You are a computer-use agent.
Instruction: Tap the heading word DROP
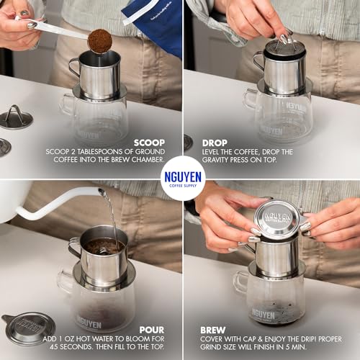click(x=215, y=143)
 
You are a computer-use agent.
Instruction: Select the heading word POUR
click(x=151, y=330)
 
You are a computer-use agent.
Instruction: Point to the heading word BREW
click(x=215, y=330)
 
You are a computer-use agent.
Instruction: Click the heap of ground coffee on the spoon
click(x=99, y=41)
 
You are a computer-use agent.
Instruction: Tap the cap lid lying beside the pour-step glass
click(x=30, y=328)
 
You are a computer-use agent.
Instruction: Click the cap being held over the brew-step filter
click(x=278, y=219)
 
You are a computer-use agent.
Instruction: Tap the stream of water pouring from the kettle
click(x=110, y=216)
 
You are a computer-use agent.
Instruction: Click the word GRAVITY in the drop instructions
click(x=217, y=162)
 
